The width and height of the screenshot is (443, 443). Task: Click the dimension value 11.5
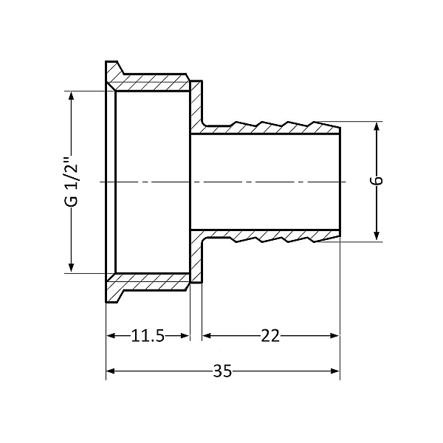[148, 336]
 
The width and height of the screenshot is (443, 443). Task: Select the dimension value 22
[270, 336]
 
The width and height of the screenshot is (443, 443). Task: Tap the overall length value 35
[222, 371]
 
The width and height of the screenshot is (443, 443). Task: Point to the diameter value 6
[377, 182]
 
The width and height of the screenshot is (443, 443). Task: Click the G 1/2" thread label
[70, 182]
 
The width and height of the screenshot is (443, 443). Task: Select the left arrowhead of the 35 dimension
[111, 371]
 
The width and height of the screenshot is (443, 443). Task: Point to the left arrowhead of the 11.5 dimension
[111, 336]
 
